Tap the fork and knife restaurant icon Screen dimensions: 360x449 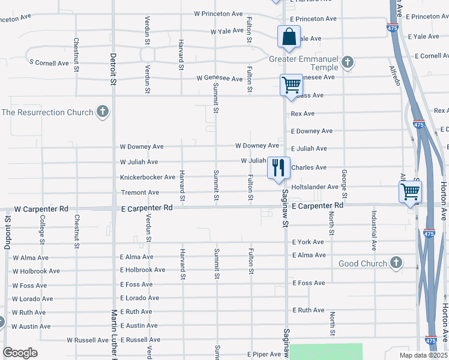[278, 167]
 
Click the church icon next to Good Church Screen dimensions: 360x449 [396, 263]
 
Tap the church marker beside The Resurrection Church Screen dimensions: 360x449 [103, 112]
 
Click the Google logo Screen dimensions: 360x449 [20, 353]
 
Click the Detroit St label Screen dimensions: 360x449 [112, 70]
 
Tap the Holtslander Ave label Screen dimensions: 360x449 [315, 187]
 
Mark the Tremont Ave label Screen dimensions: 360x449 [140, 193]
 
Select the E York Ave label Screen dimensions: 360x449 [308, 242]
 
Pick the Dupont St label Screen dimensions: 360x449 [8, 229]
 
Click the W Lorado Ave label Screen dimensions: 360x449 [32, 298]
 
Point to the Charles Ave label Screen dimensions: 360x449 [309, 167]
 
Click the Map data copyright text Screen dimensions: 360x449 [423, 355]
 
